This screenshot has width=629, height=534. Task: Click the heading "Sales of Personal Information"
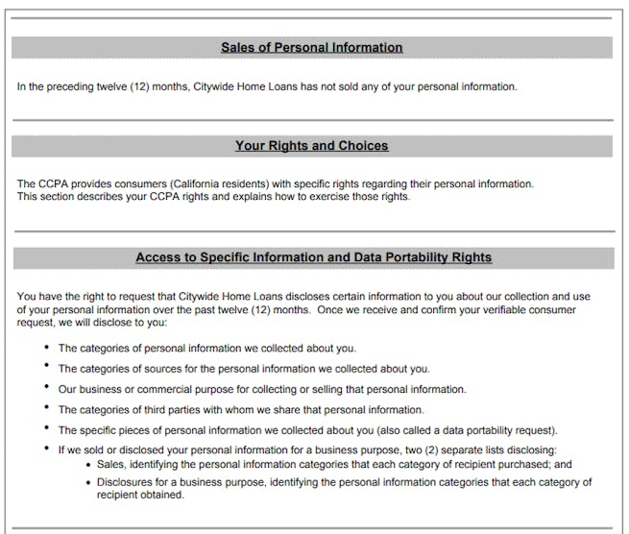(x=312, y=47)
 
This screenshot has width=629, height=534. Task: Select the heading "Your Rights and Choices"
(x=312, y=146)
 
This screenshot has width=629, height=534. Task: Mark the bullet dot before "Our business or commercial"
(x=46, y=388)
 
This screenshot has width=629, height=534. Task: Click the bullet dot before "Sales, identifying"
(x=88, y=464)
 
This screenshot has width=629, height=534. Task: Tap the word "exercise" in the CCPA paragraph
(x=328, y=197)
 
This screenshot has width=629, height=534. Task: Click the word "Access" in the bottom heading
(x=157, y=257)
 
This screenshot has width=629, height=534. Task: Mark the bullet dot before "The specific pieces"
(x=46, y=429)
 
